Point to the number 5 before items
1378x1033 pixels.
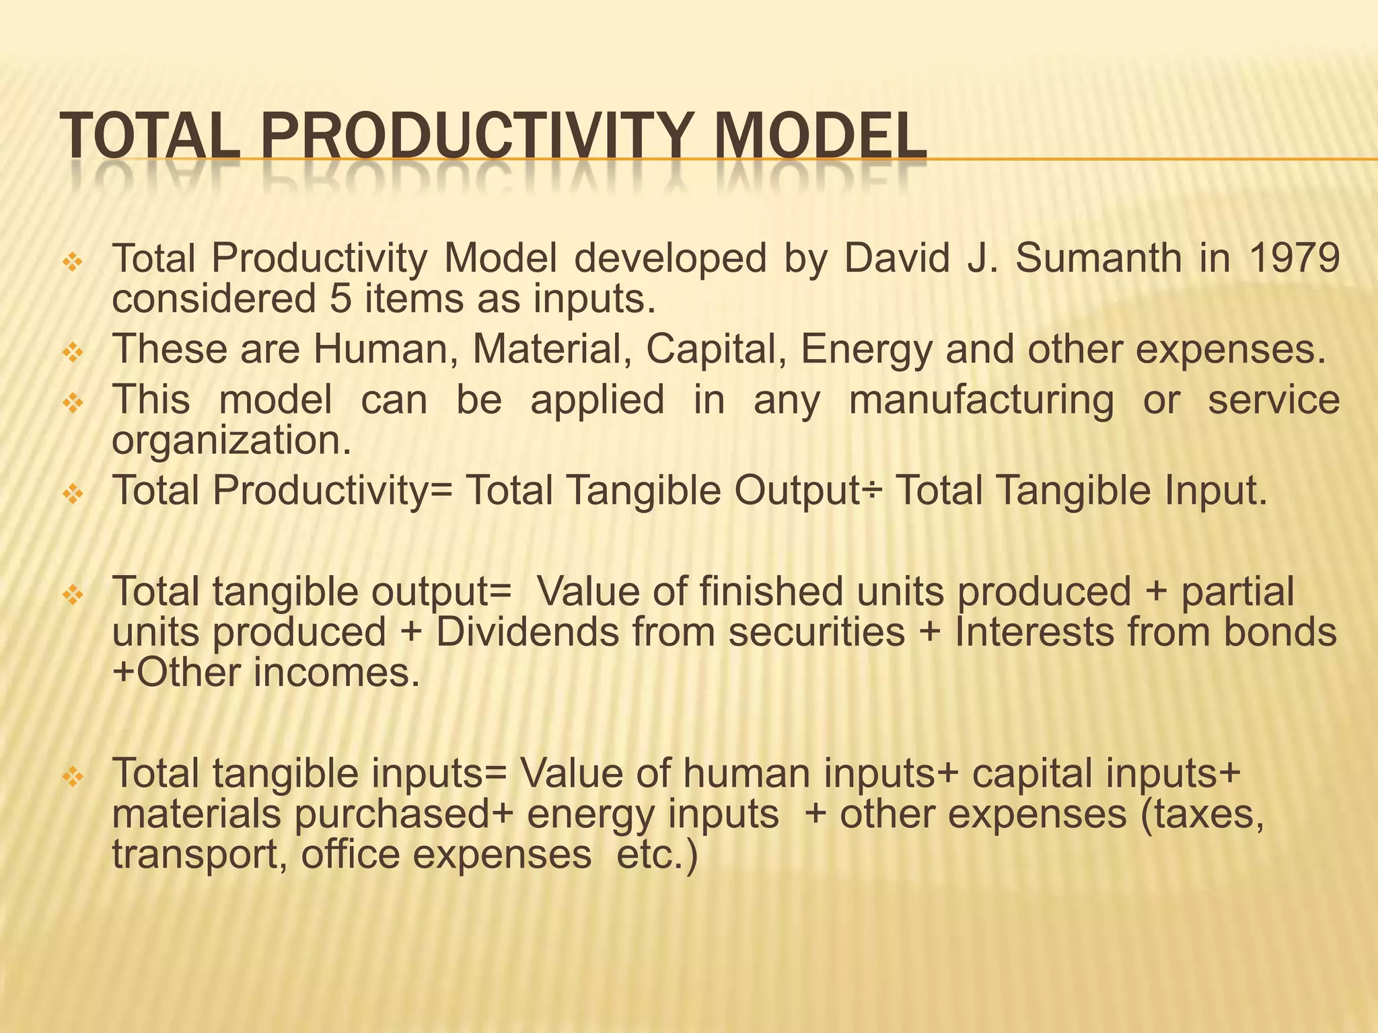340,299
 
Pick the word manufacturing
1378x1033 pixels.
980,400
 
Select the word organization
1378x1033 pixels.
231,441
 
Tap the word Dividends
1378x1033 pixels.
527,633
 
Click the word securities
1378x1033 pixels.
816,633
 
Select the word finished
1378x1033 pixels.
770,592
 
